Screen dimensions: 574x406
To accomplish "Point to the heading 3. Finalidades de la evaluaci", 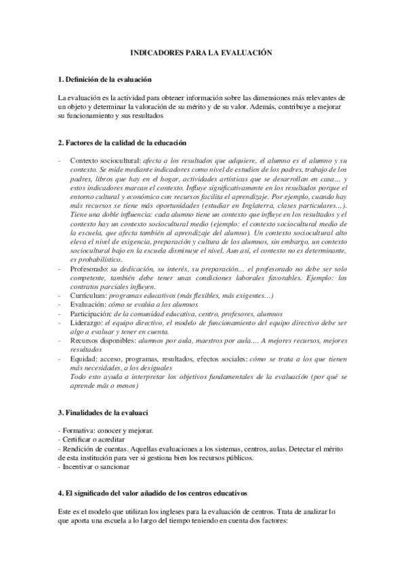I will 103,412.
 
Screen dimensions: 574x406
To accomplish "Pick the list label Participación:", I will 91,314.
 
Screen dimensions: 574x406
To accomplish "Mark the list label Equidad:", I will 84,359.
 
